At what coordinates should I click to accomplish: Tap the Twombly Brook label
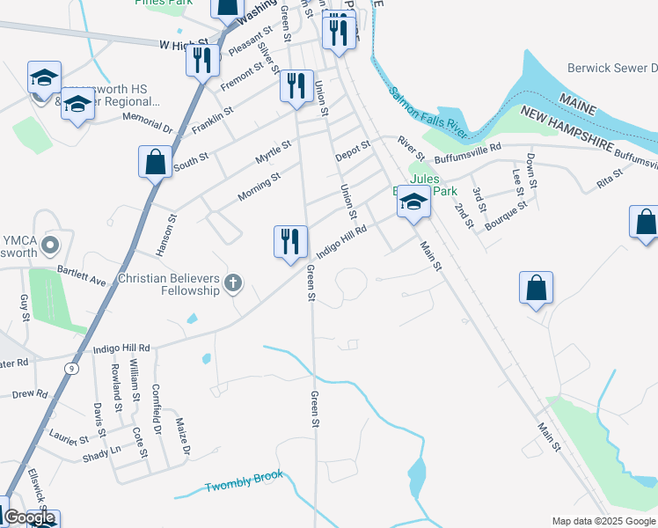[x=244, y=481]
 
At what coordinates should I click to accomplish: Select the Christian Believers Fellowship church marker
[x=233, y=282]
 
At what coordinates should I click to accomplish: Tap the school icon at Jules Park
[x=412, y=203]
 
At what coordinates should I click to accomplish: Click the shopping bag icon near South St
[x=155, y=162]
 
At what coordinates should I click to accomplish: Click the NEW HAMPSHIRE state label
[x=589, y=126]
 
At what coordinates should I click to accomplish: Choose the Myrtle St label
[x=273, y=150]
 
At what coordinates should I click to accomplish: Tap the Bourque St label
[x=505, y=212]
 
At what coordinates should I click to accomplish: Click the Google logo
[x=29, y=517]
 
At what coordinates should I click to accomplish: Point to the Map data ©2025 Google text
[x=603, y=521]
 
